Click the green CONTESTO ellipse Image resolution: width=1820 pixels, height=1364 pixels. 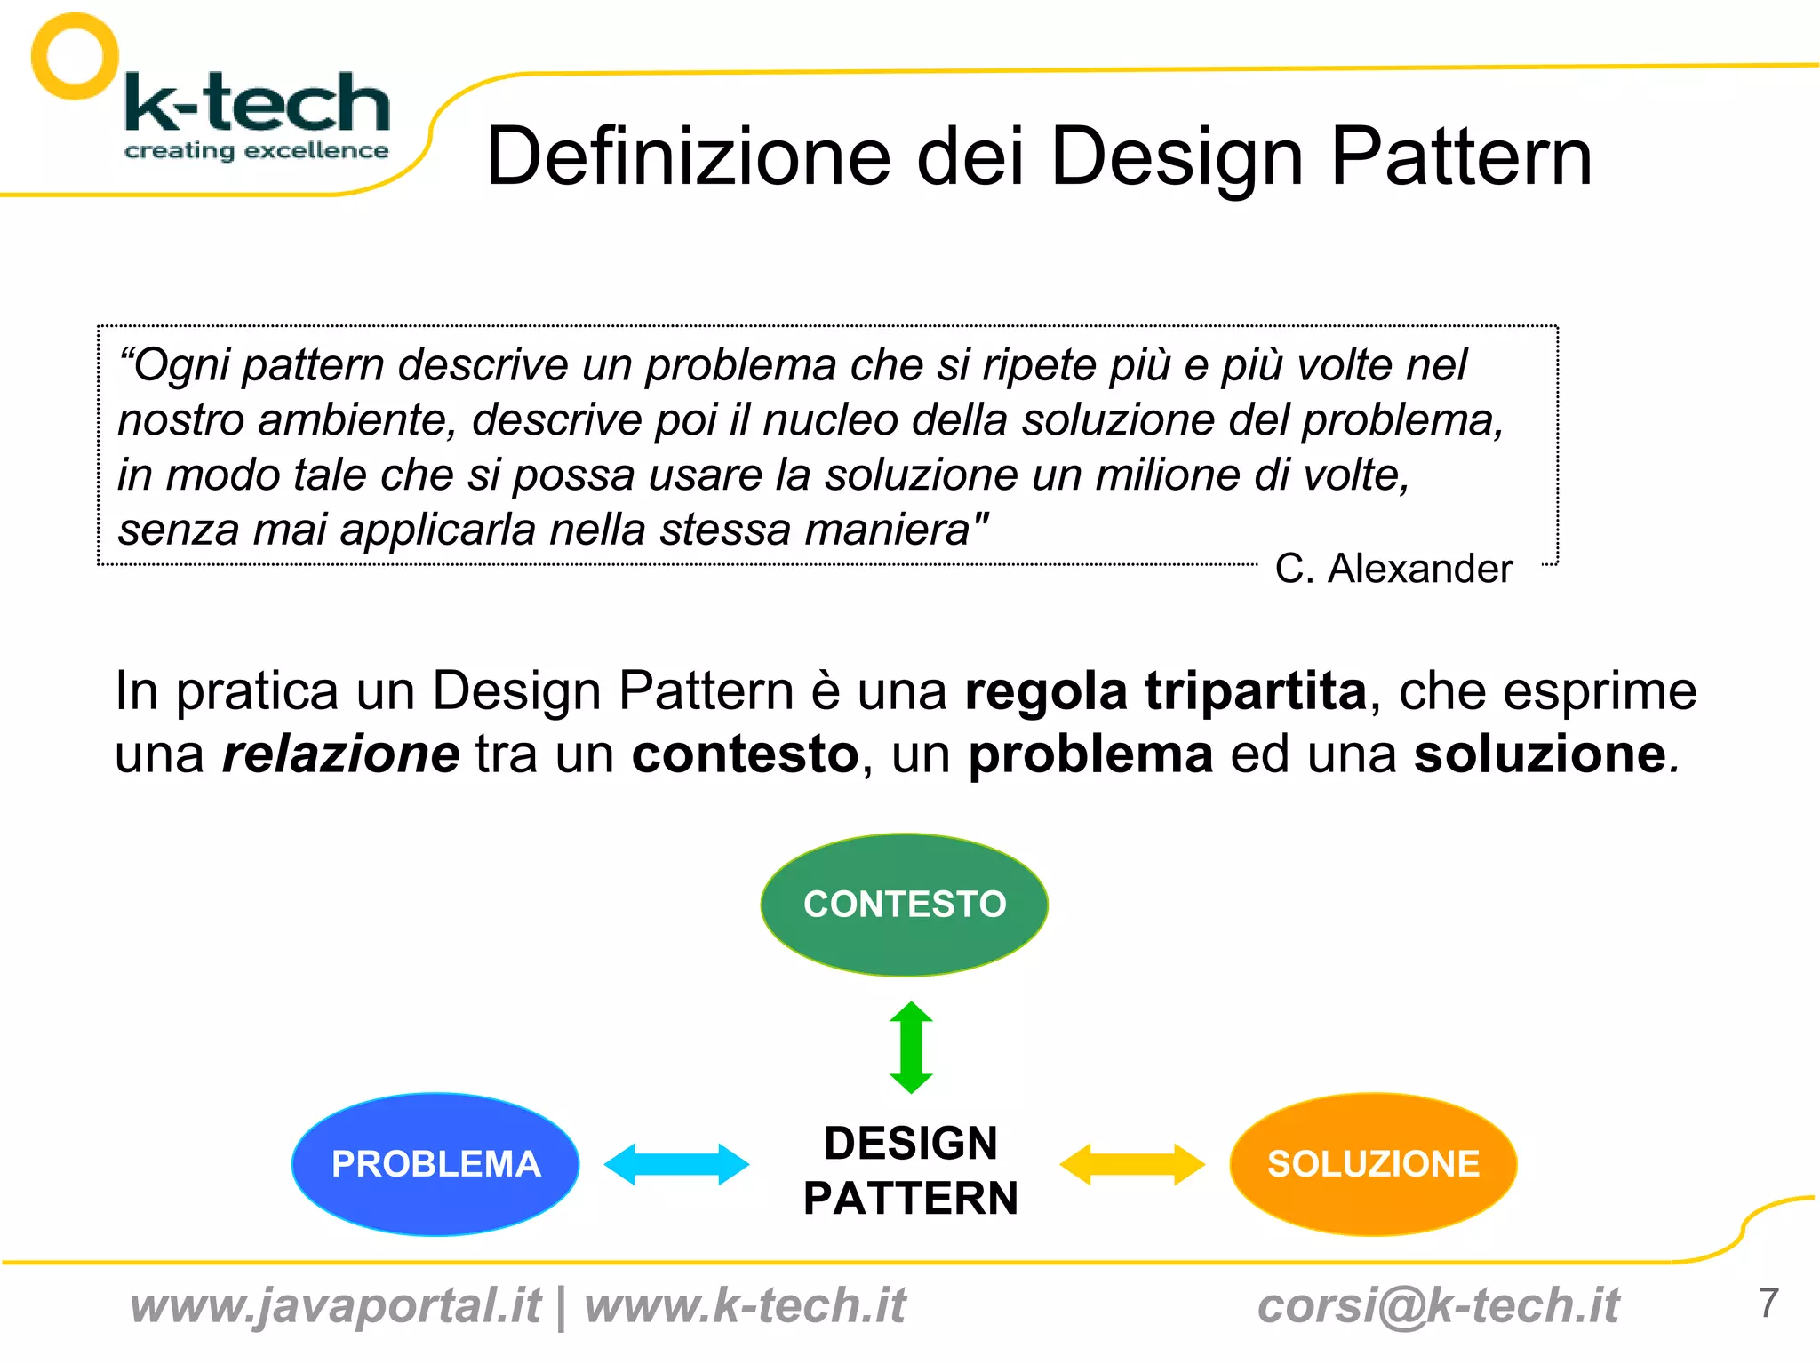pyautogui.click(x=904, y=905)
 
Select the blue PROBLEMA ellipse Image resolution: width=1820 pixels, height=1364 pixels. pyautogui.click(x=435, y=1164)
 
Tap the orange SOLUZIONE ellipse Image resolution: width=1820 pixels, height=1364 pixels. pyautogui.click(x=1373, y=1164)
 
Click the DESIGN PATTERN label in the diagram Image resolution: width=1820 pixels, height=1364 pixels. pyautogui.click(x=911, y=1170)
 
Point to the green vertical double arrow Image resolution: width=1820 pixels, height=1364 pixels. pyautogui.click(x=911, y=1048)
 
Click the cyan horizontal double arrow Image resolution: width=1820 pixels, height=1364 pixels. pyautogui.click(x=676, y=1164)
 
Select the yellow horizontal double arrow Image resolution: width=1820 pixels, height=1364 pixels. pyautogui.click(x=1132, y=1164)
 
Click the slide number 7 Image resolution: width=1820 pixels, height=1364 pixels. pyautogui.click(x=1768, y=1304)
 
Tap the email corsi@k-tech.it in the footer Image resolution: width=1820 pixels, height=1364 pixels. pyautogui.click(x=1438, y=1306)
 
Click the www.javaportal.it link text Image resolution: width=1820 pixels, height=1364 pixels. pyautogui.click(x=335, y=1306)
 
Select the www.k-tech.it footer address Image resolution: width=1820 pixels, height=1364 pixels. pyautogui.click(x=745, y=1306)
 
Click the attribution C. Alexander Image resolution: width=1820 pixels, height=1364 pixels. pyautogui.click(x=1393, y=569)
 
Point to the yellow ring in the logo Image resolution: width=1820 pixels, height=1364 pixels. pyautogui.click(x=75, y=56)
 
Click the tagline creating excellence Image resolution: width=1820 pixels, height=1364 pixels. pyautogui.click(x=256, y=151)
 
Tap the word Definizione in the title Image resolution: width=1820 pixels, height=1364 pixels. pyautogui.click(x=689, y=156)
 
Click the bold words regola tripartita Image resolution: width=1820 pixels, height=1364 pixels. pyautogui.click(x=1165, y=691)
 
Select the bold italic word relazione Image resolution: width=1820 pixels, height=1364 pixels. pyautogui.click(x=340, y=754)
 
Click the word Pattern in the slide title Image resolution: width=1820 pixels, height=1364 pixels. pyautogui.click(x=1461, y=156)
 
